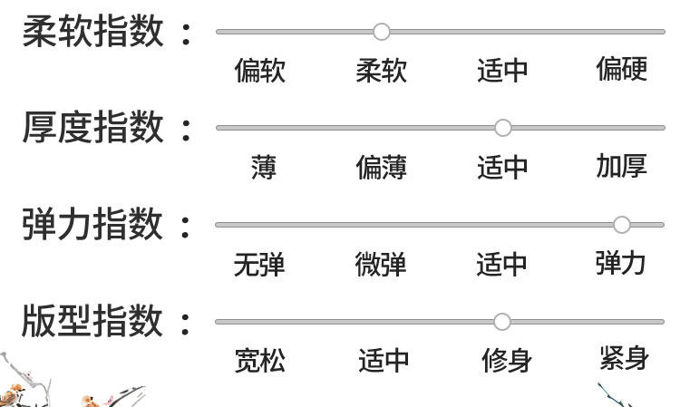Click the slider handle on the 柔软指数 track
click(x=382, y=32)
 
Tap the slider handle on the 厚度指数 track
click(x=502, y=128)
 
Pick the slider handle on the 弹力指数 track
click(x=621, y=224)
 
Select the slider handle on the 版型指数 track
click(x=502, y=321)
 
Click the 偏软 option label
click(x=260, y=71)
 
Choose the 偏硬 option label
click(x=621, y=69)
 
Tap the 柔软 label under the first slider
click(x=382, y=71)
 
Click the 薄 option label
click(x=264, y=168)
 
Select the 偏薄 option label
click(x=382, y=168)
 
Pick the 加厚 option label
click(x=621, y=166)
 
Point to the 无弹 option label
click(x=259, y=265)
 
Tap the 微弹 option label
click(x=381, y=265)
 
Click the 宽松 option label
click(x=260, y=361)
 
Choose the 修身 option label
click(x=507, y=361)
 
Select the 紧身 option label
click(x=624, y=358)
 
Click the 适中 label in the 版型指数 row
click(x=384, y=361)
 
